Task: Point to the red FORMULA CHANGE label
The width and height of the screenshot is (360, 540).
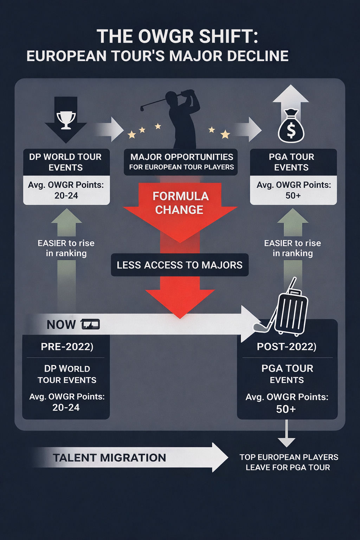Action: pos(180,203)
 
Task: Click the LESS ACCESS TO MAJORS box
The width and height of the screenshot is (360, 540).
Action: pos(180,265)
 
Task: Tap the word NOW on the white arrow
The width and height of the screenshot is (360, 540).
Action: pos(61,324)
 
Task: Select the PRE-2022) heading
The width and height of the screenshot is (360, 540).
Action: pos(67,347)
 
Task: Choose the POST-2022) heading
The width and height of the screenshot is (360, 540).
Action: pos(287,347)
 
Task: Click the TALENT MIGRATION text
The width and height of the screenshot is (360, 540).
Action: pos(109,458)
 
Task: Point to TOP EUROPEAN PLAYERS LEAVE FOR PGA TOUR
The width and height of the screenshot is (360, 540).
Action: pos(288,462)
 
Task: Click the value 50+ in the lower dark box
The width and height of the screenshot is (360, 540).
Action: pos(286,409)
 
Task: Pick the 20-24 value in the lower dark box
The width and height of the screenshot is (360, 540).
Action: pos(66,407)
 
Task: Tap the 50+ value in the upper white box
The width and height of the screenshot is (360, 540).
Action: pos(293,196)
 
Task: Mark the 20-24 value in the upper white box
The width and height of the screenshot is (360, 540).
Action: pos(66,196)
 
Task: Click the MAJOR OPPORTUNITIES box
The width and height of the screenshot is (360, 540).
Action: pos(181,162)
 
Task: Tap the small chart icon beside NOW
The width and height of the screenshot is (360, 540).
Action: pos(90,324)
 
